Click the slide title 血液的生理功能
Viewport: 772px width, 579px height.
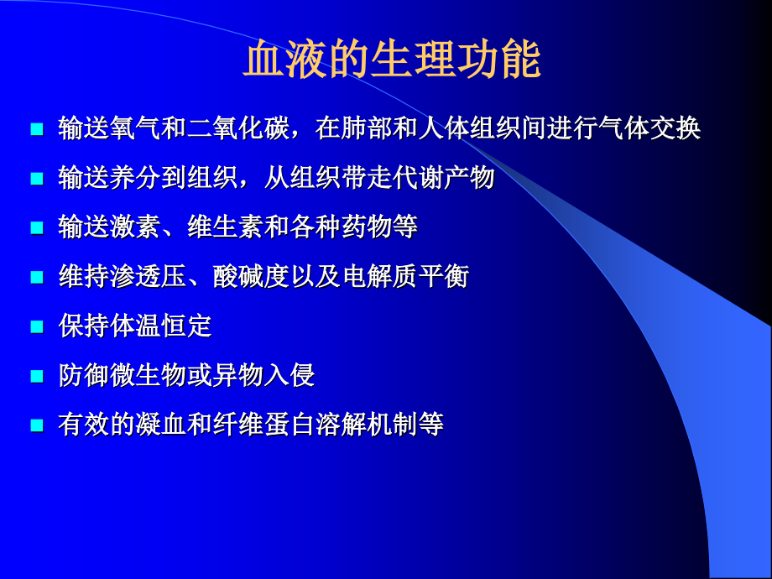point(392,61)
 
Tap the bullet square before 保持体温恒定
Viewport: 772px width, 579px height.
point(36,326)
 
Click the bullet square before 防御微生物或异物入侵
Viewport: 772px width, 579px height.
point(36,375)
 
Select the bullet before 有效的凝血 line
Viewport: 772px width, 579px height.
point(36,425)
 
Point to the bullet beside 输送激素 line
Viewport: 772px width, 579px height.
point(36,227)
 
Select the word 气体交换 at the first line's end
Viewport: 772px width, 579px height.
point(650,128)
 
